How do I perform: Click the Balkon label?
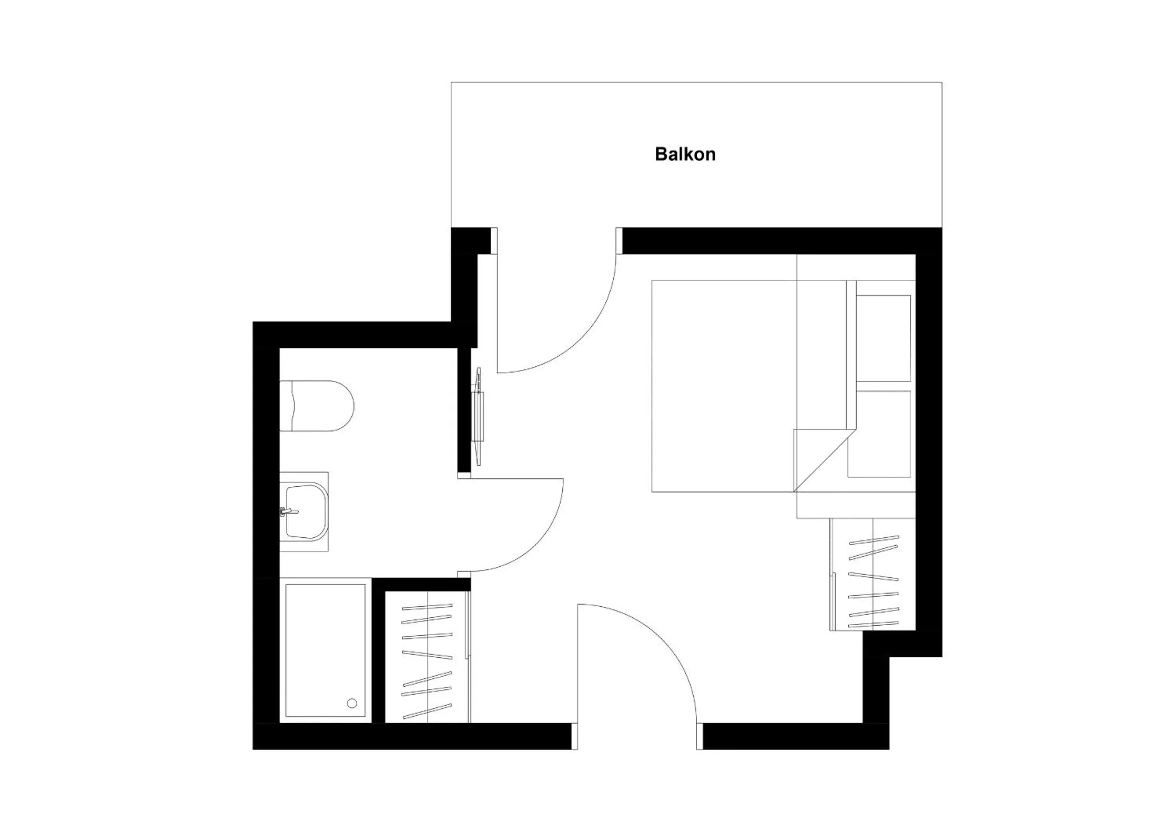click(x=685, y=154)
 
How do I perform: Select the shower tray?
click(x=325, y=650)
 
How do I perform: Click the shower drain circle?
click(x=352, y=703)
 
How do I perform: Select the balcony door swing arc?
click(x=579, y=333)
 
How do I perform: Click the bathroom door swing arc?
click(x=543, y=543)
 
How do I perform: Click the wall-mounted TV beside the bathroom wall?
click(x=479, y=416)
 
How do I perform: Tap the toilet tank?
click(x=287, y=405)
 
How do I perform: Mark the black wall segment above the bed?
click(x=768, y=240)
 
